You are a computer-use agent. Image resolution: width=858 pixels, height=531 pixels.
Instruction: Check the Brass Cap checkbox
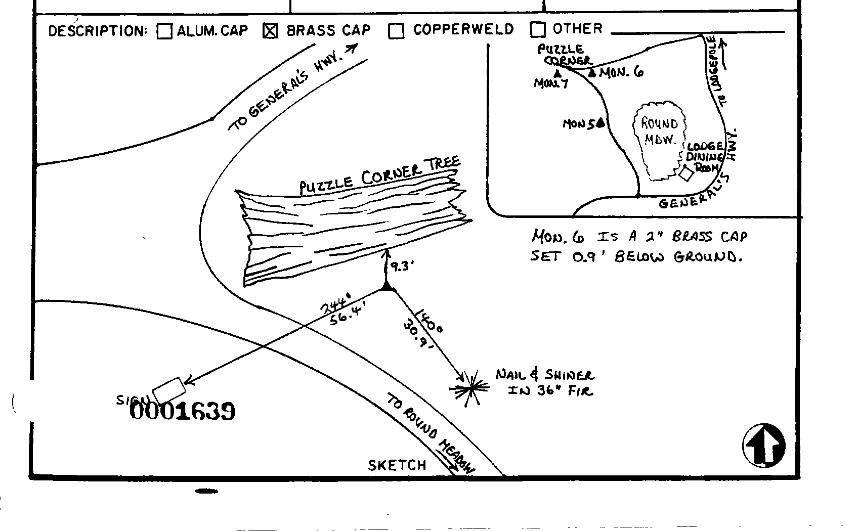click(271, 31)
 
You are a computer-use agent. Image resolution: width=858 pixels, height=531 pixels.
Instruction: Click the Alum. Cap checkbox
click(164, 31)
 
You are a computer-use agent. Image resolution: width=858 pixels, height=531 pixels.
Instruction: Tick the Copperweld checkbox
click(396, 31)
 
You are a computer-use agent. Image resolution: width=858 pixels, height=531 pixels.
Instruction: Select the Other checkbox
click(538, 30)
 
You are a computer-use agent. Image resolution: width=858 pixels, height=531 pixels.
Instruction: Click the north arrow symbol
click(764, 446)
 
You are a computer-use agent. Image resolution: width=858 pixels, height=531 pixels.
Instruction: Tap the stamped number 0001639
click(183, 411)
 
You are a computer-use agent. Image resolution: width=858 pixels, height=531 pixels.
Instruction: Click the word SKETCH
click(397, 465)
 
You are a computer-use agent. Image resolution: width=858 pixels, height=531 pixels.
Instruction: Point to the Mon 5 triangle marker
click(600, 122)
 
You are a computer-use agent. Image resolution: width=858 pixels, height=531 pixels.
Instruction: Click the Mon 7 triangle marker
click(556, 74)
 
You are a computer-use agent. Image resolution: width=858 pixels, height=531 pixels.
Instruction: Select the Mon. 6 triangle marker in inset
click(592, 73)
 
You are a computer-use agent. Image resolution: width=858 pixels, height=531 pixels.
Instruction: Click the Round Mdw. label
click(659, 131)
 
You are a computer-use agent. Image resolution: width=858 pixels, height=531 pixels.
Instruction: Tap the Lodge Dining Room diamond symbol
click(686, 174)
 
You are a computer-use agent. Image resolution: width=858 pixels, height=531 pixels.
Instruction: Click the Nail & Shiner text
click(545, 375)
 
